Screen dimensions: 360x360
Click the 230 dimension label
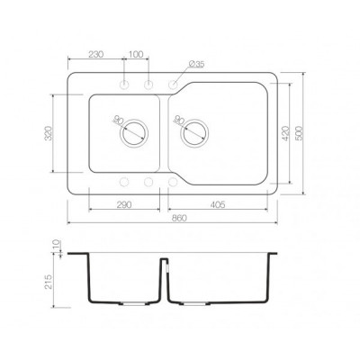click(96, 54)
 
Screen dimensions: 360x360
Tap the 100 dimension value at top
click(136, 54)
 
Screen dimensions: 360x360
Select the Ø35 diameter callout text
click(197, 64)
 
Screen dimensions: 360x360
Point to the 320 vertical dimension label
click(49, 133)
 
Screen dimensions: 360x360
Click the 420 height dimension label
click(285, 133)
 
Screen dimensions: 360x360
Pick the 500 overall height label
click(300, 133)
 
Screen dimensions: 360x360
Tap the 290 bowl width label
click(124, 205)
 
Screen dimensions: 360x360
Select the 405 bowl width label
click(218, 205)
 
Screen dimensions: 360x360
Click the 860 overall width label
click(179, 218)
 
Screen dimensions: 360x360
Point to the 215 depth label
click(49, 282)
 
